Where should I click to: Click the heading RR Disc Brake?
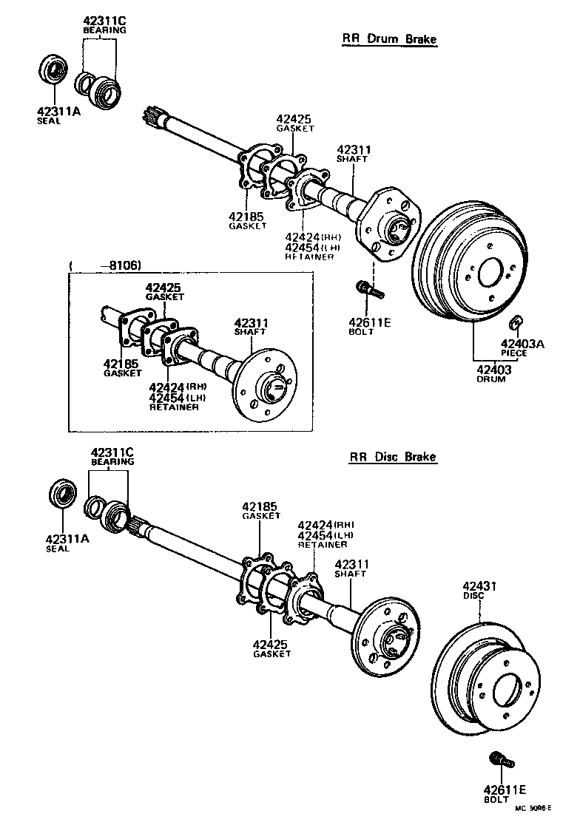[x=392, y=457]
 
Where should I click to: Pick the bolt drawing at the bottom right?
[x=499, y=761]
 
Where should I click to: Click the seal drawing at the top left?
[x=53, y=72]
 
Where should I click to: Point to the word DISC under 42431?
[x=473, y=595]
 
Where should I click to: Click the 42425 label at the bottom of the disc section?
[x=270, y=645]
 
